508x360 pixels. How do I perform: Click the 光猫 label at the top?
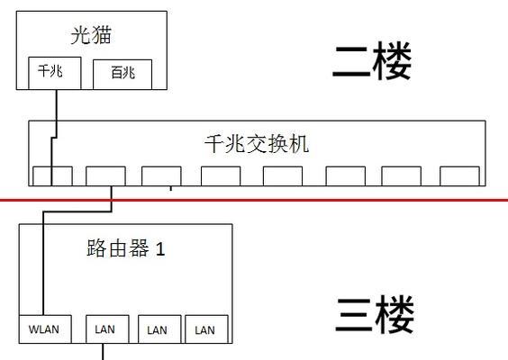tap(91, 35)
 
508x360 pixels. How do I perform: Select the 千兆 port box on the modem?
tap(54, 73)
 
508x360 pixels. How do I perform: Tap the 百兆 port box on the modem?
tap(122, 75)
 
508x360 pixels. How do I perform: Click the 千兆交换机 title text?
tap(257, 144)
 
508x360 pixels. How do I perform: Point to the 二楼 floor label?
tap(372, 61)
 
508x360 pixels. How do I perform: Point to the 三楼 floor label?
tap(375, 314)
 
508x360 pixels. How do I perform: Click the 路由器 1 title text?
tap(126, 248)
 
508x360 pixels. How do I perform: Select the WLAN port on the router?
tap(45, 328)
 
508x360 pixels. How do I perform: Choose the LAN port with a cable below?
tap(107, 328)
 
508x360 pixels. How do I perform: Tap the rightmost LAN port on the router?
tap(206, 328)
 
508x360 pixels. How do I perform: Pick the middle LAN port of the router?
tap(159, 328)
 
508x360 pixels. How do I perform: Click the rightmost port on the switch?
tap(459, 176)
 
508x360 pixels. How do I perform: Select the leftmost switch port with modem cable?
tap(52, 176)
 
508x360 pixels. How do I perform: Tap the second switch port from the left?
tap(105, 176)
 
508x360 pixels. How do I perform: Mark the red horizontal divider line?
tap(254, 200)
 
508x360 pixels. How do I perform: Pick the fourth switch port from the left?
tap(221, 176)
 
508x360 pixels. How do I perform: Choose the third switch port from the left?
tap(161, 176)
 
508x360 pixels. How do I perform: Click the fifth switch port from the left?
tap(283, 176)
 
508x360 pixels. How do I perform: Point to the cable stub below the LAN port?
tap(103, 352)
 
